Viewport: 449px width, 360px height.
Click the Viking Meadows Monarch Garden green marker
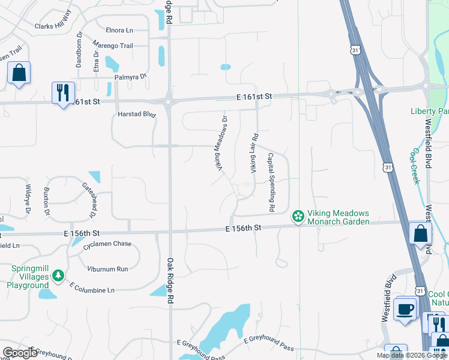(297, 216)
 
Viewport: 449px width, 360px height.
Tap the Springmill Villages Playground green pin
(58, 276)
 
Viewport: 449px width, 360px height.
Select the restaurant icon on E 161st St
(63, 94)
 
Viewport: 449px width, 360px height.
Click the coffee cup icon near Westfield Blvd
(406, 310)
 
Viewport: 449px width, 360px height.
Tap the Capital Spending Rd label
(271, 182)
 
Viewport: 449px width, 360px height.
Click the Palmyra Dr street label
(131, 77)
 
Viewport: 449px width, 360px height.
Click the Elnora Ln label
(119, 30)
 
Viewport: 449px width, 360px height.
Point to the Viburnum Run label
(107, 269)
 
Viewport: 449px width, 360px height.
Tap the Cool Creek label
(415, 166)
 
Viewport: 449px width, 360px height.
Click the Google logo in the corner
(20, 353)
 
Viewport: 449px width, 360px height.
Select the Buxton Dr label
(46, 197)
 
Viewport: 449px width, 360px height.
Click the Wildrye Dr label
(28, 199)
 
